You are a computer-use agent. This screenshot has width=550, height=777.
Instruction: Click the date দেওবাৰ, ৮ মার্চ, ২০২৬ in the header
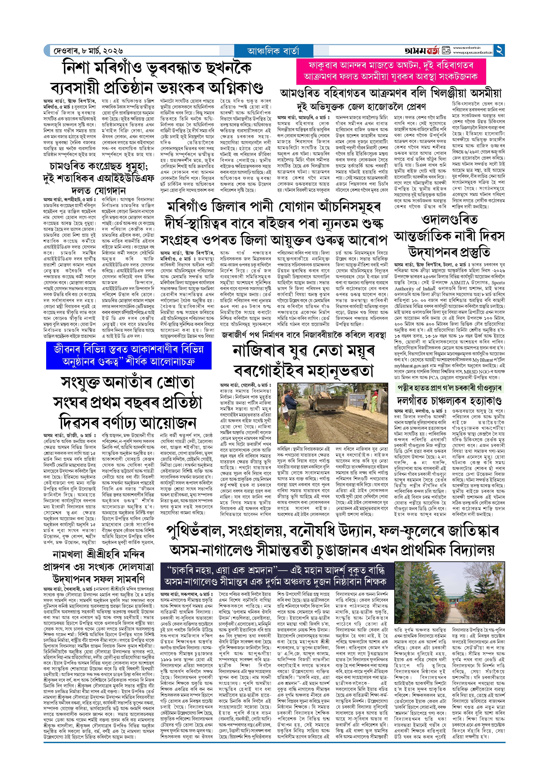[x=88, y=51]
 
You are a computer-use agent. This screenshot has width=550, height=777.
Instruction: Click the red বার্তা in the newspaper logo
[x=431, y=51]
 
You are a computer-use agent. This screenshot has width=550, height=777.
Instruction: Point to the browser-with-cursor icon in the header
[x=446, y=51]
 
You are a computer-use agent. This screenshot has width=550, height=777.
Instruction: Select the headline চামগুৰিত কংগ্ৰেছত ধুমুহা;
[x=98, y=166]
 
